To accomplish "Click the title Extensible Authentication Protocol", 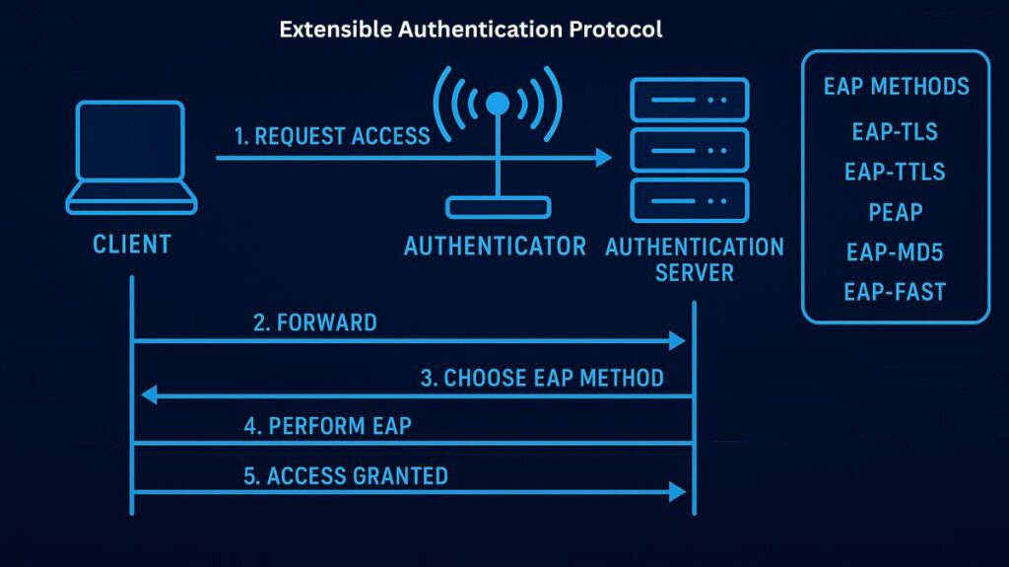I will (470, 30).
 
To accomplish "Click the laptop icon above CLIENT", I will (131, 158).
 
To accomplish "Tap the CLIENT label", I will (131, 244).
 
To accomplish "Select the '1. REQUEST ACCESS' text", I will (332, 136).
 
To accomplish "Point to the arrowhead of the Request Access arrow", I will (603, 157).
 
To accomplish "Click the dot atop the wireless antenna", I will (498, 103).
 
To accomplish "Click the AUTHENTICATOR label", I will (495, 246).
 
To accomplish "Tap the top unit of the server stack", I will (689, 100).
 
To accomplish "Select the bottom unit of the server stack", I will (689, 200).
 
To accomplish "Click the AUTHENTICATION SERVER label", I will (694, 258).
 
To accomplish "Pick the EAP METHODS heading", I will (896, 87).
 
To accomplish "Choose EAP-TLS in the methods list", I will (895, 131).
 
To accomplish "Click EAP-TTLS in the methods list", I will (895, 172).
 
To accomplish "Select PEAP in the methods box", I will (895, 212).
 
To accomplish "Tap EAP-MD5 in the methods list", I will (895, 252).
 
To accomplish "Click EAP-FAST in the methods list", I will (895, 292).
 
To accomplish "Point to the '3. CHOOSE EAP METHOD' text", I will (542, 378).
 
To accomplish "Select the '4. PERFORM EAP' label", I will (328, 427).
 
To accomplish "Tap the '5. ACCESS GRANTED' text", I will (345, 476).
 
